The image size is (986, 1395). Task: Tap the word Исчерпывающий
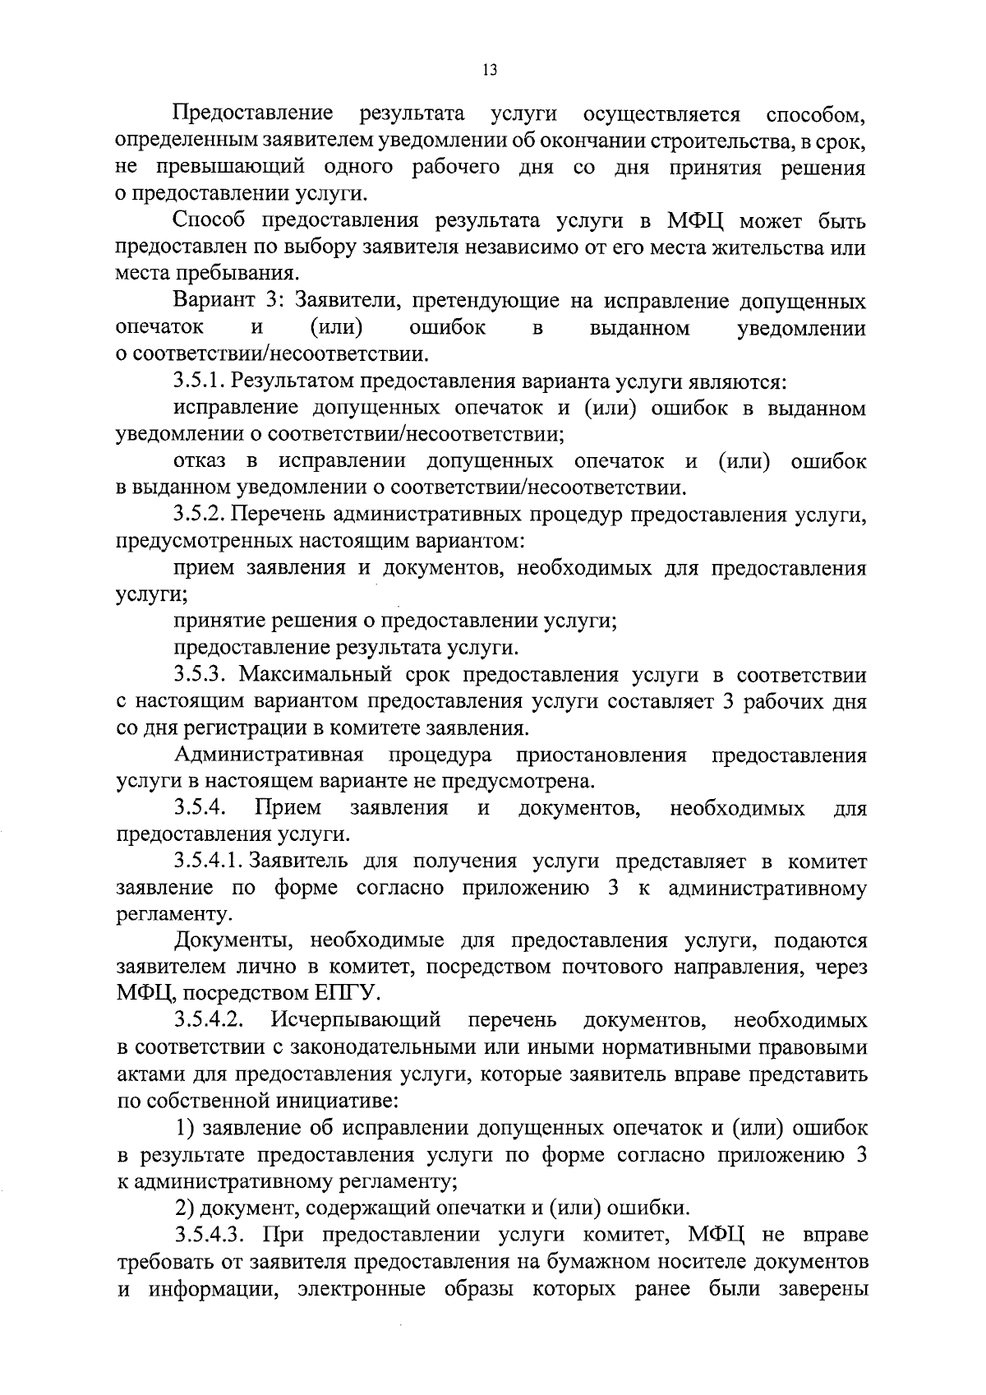pos(357,1021)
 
